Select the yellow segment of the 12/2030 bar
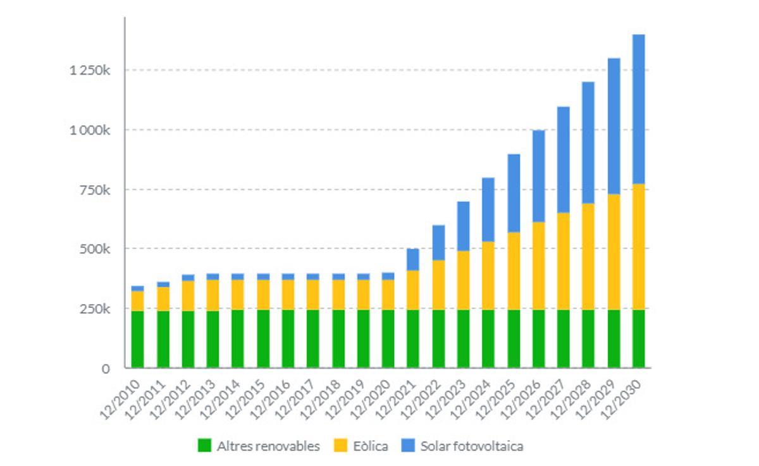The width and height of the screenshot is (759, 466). [638, 247]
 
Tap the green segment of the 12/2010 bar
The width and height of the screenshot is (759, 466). [137, 339]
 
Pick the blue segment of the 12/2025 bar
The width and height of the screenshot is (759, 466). [513, 193]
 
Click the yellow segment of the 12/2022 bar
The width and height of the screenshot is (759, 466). [438, 285]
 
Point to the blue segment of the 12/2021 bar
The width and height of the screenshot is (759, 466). [413, 259]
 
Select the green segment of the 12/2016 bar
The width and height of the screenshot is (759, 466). [288, 338]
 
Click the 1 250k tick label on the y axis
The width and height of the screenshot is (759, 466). [90, 70]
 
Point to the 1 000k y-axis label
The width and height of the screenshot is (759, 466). [90, 130]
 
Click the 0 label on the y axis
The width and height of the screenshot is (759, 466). [106, 368]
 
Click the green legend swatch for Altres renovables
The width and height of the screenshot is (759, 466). [204, 446]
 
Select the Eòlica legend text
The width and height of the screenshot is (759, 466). [369, 446]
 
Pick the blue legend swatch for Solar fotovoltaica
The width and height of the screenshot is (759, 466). [408, 446]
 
